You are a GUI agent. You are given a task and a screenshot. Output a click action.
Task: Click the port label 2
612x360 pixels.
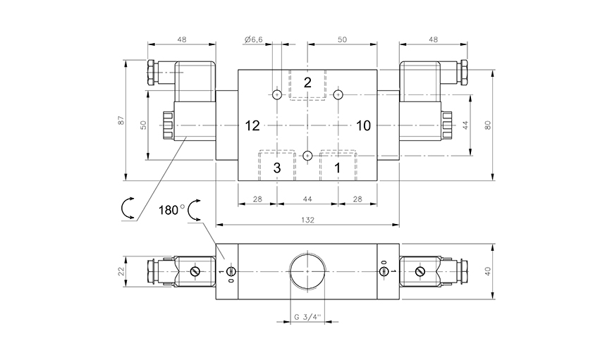point(307,83)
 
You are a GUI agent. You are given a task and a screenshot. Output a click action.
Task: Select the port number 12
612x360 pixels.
point(252,126)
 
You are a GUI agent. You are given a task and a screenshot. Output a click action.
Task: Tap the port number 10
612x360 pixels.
point(363,126)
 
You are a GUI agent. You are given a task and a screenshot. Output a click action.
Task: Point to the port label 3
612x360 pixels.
point(277,168)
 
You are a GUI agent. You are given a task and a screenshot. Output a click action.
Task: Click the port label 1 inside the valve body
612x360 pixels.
point(337,168)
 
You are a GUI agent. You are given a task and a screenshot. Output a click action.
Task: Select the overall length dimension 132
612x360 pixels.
point(307,220)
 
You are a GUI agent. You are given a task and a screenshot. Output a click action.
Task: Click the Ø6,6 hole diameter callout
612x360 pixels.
point(254,40)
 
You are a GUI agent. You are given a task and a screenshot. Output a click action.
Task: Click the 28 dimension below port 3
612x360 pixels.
point(257,200)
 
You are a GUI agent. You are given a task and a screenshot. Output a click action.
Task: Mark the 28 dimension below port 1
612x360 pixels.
point(357,200)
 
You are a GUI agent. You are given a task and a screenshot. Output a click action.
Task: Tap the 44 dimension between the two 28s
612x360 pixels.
point(307,200)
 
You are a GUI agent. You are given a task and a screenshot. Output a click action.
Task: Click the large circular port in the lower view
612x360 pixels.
point(307,271)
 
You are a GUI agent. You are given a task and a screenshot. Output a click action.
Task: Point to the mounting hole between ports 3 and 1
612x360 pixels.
point(307,155)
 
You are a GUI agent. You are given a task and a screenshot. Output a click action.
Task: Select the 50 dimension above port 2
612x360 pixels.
point(342,40)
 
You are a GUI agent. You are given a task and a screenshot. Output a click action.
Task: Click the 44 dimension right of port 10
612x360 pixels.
point(465,125)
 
